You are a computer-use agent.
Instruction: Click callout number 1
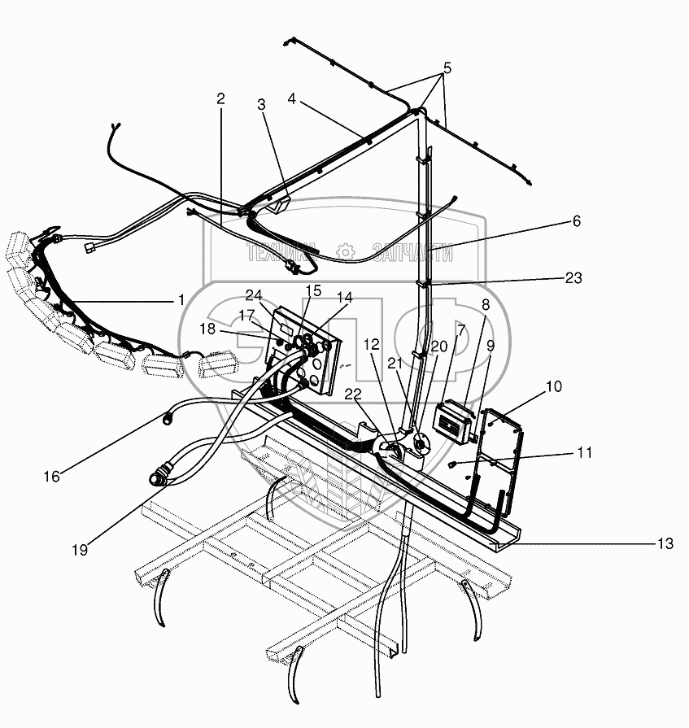181,299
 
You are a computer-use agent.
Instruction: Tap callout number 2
220,98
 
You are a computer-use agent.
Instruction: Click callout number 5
447,68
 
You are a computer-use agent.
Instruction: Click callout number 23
573,278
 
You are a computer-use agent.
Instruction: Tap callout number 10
554,387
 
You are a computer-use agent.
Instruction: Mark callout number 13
666,544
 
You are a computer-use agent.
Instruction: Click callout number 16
51,477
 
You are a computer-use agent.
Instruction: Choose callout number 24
253,294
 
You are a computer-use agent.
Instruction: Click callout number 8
486,305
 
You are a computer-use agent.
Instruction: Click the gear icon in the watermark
347,253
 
